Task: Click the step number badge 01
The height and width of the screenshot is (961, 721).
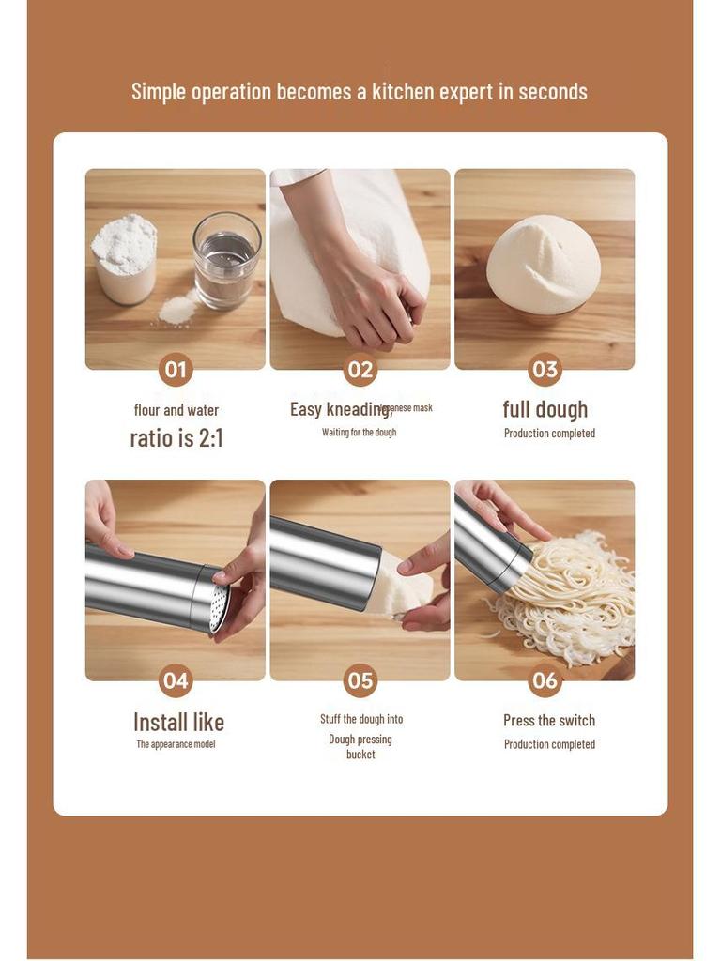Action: [176, 370]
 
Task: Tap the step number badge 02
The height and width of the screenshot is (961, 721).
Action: [360, 370]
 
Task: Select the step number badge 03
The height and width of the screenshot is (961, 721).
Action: [545, 370]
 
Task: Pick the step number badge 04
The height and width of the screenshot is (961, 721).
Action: [176, 680]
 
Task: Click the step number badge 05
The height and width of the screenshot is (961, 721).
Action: [360, 680]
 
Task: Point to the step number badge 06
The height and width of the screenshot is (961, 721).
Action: [545, 680]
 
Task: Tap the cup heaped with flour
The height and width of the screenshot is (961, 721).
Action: [125, 258]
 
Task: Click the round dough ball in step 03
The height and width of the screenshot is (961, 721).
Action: [544, 265]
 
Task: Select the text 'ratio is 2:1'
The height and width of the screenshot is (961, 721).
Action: [176, 437]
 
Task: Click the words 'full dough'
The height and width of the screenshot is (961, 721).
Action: [545, 409]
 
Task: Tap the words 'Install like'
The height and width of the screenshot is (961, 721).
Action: [178, 722]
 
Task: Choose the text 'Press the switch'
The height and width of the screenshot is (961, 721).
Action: [549, 720]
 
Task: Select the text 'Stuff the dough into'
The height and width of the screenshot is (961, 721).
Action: [361, 719]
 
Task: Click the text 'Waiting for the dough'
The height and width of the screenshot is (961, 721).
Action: [360, 433]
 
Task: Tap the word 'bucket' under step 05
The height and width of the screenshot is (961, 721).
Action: [360, 755]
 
